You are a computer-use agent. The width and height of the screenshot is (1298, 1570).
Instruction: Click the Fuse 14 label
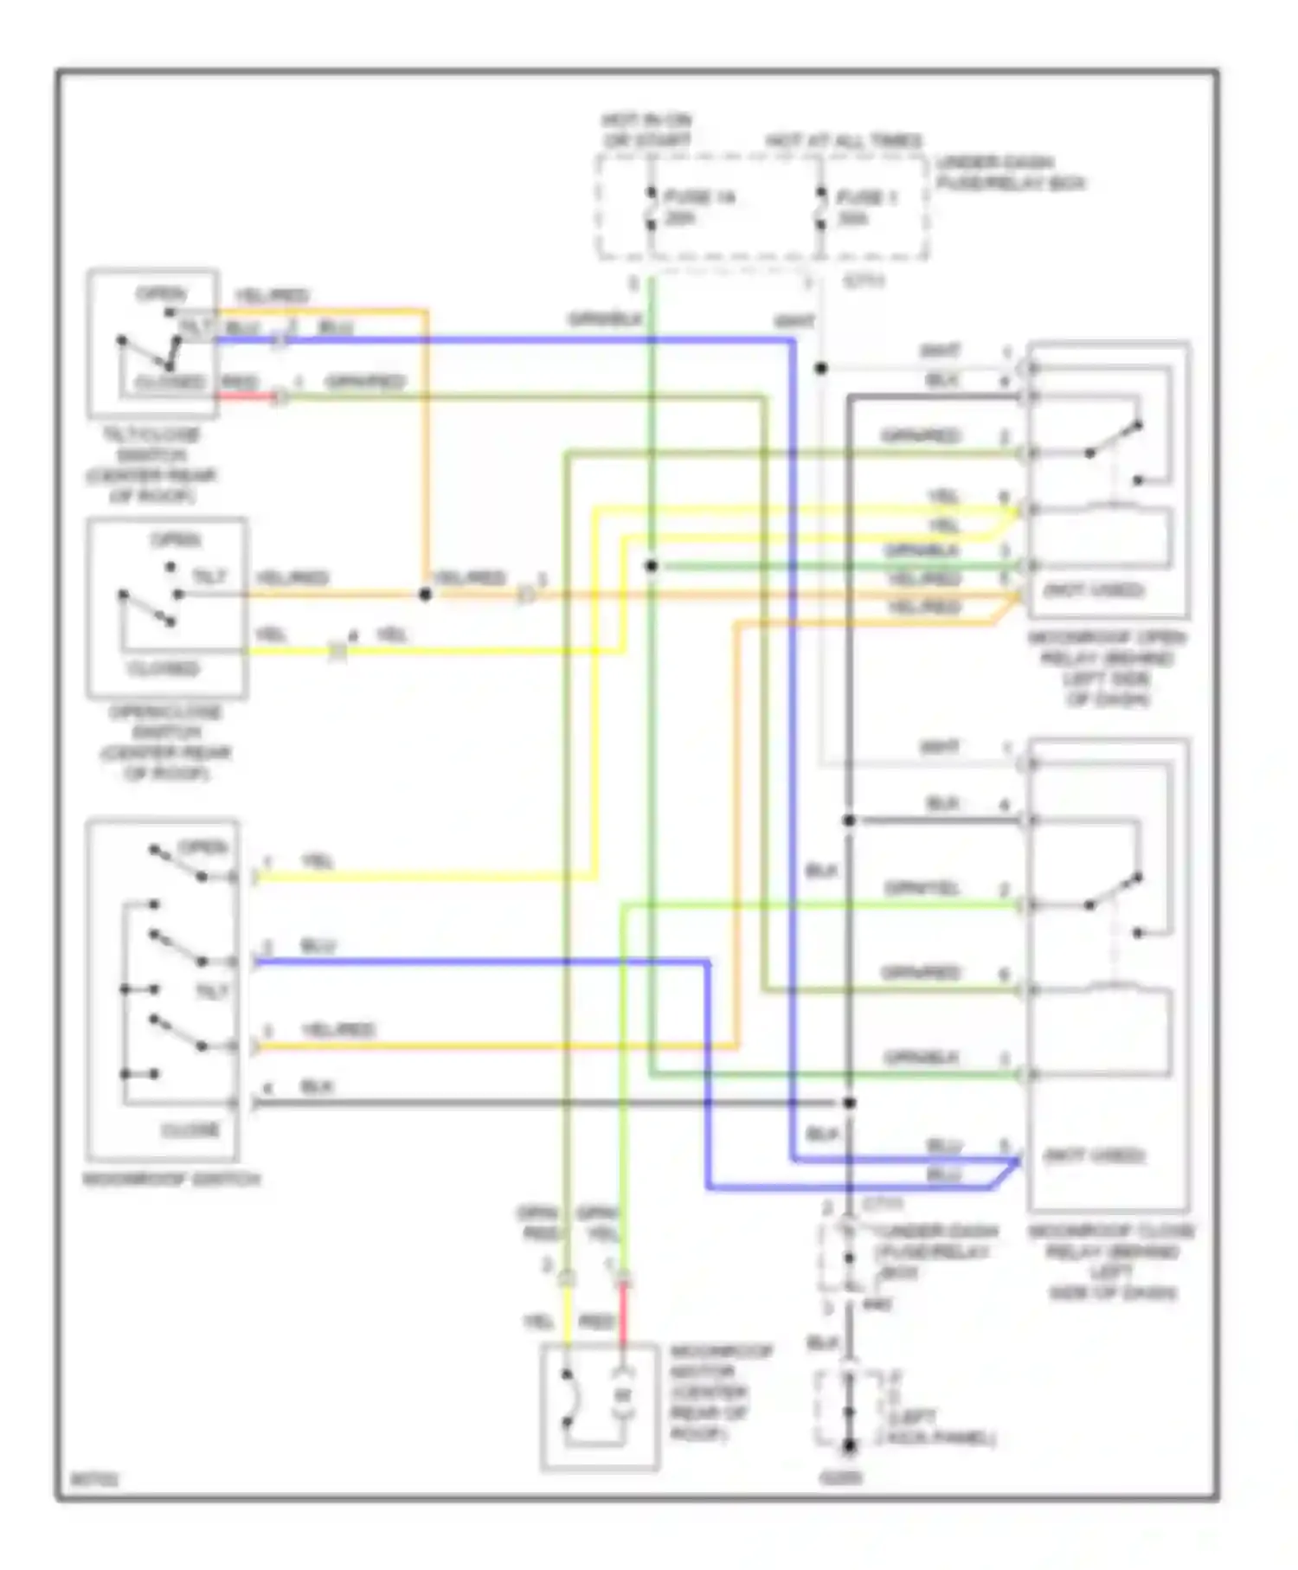(699, 198)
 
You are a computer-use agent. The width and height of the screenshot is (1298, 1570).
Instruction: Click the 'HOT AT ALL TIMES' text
(844, 141)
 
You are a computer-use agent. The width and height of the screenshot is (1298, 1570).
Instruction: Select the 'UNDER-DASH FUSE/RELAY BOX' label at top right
(1009, 173)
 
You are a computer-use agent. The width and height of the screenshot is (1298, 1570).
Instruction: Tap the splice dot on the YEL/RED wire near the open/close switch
(425, 595)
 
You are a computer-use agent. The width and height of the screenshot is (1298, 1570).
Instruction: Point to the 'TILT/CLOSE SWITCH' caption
(151, 465)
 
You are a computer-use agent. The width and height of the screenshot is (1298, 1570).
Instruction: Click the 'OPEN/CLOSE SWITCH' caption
(165, 742)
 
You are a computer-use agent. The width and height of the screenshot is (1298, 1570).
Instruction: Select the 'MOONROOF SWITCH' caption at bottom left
(171, 1179)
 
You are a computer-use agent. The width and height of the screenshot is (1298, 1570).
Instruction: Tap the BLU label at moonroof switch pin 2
(317, 946)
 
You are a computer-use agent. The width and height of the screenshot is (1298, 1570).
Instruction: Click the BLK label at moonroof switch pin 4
(317, 1086)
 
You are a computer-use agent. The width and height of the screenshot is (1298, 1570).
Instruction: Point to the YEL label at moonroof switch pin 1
(317, 862)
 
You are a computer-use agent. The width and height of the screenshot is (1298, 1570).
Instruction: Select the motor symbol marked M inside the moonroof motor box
(623, 1394)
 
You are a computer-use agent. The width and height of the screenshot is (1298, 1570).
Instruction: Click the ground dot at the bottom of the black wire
(849, 1445)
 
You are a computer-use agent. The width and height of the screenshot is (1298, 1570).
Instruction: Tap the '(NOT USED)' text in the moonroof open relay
(1094, 590)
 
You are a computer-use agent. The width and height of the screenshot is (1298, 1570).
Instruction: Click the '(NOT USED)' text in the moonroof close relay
(1094, 1155)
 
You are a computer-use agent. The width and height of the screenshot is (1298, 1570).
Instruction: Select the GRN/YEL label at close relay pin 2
(922, 889)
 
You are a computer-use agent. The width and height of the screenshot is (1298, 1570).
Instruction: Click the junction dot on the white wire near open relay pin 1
(821, 369)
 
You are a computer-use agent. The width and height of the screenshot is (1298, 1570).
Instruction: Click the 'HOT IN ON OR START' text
(647, 130)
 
